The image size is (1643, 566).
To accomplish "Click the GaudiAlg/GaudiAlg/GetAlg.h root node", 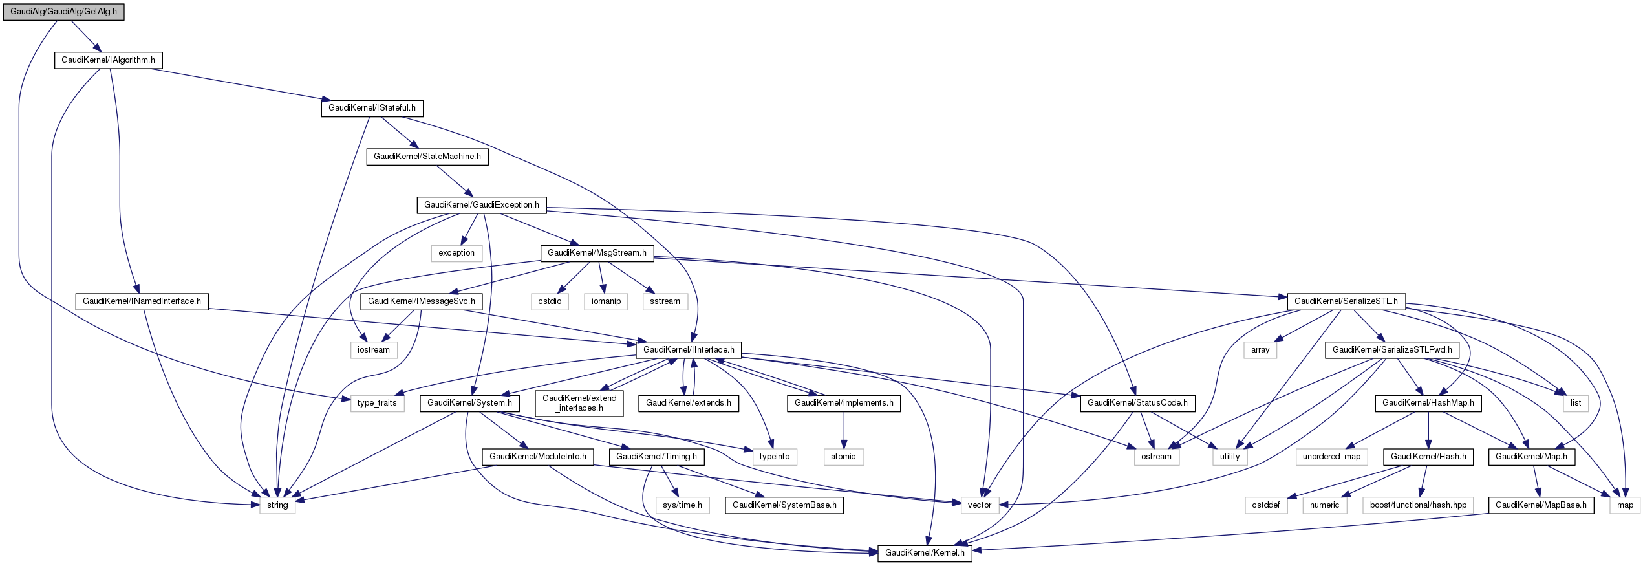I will click(x=63, y=12).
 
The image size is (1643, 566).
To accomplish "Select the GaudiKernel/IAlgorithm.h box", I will click(x=108, y=60).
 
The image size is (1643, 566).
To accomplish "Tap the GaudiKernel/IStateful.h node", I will click(x=372, y=108).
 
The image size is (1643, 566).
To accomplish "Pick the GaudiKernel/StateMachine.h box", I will click(x=427, y=157).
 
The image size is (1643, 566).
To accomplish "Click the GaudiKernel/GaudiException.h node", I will click(x=481, y=205).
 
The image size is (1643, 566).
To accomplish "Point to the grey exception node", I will click(x=456, y=253).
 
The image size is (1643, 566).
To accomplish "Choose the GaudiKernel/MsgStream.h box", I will click(x=597, y=253).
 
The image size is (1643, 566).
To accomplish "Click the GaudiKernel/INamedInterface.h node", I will click(x=142, y=301).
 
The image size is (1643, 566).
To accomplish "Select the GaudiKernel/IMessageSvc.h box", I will click(x=421, y=301).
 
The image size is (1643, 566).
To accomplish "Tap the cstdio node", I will click(x=550, y=301).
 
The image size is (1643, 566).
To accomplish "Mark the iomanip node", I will click(x=606, y=301).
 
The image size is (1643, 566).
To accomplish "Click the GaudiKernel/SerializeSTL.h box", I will click(x=1346, y=301).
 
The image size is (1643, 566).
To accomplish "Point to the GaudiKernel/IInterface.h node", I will click(x=689, y=350).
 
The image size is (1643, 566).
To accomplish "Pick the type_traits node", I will click(x=377, y=403).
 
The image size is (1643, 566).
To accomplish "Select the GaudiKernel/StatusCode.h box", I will click(x=1137, y=403).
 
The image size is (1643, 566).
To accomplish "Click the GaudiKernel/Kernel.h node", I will click(x=925, y=553).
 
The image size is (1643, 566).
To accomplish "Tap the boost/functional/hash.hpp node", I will click(x=1418, y=505).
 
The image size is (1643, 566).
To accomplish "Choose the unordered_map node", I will click(x=1331, y=457).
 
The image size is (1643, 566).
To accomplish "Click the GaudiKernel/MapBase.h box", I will click(x=1541, y=505).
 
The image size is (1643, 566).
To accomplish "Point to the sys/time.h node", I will click(x=682, y=505).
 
